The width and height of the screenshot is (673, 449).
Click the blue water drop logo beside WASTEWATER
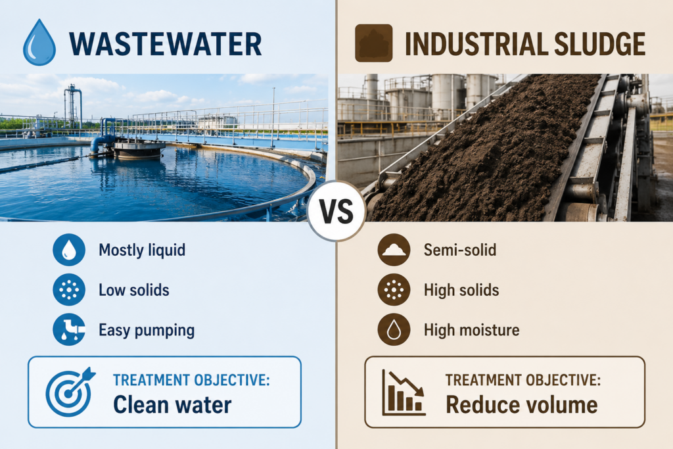(x=39, y=43)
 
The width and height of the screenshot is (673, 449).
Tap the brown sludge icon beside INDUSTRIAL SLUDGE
(x=374, y=43)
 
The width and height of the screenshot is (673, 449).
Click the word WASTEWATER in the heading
(x=165, y=44)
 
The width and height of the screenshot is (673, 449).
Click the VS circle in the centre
(x=336, y=211)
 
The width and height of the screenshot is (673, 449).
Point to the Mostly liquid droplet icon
(x=69, y=250)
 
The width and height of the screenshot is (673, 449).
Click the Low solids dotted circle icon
(x=69, y=290)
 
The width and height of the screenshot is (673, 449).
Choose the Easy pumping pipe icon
(x=69, y=329)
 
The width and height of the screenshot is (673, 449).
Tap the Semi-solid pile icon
(x=394, y=250)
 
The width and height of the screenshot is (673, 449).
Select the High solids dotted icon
(x=394, y=290)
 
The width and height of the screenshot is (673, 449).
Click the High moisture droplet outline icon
(x=394, y=329)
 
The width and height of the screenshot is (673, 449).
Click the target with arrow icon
(x=70, y=392)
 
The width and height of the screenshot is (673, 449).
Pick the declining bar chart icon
(x=404, y=392)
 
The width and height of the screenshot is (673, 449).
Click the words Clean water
(x=172, y=405)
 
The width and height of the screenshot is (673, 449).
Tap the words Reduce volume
(x=521, y=405)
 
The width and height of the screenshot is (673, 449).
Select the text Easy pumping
(x=147, y=331)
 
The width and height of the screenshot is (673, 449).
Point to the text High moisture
(x=472, y=330)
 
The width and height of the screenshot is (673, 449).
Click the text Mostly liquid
(x=142, y=250)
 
